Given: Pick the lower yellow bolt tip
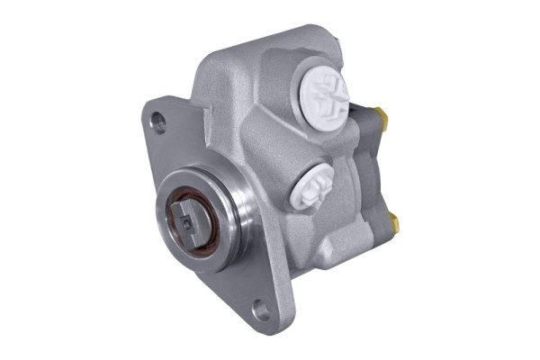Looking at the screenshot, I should pyautogui.click(x=394, y=218).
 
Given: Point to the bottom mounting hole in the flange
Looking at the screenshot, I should pyautogui.click(x=260, y=311).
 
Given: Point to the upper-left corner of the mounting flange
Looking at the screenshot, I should pyautogui.click(x=148, y=105).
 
